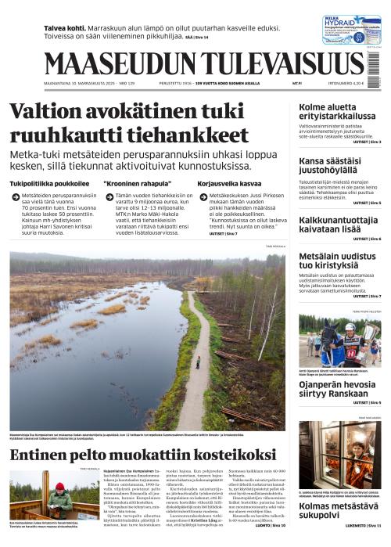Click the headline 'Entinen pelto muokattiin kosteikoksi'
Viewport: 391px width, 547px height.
pos(144,455)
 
